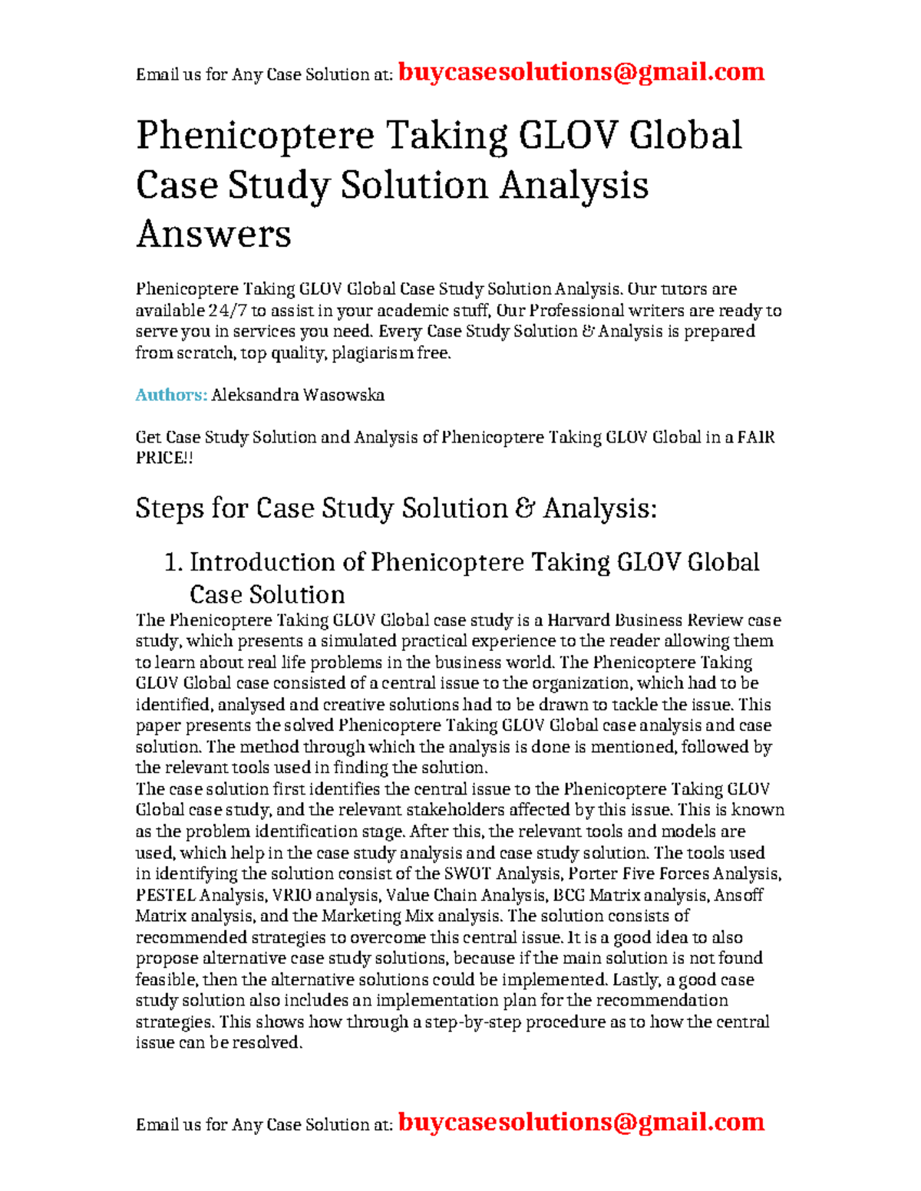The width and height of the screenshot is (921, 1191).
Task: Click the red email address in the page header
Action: coord(581,72)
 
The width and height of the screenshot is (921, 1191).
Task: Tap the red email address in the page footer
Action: coord(581,1122)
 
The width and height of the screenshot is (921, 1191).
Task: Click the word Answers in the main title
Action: coord(213,234)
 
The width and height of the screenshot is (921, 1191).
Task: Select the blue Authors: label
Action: coord(171,395)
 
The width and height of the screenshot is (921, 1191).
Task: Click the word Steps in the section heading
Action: coord(170,508)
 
